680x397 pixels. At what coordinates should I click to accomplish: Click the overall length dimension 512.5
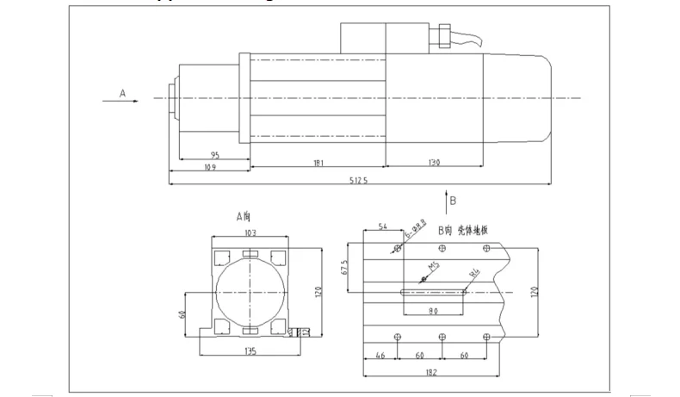click(x=360, y=180)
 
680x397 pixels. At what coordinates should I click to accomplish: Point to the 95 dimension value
click(x=213, y=155)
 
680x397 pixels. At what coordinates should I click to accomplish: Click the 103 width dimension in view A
click(x=251, y=233)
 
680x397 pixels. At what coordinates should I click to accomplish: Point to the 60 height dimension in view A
click(x=182, y=314)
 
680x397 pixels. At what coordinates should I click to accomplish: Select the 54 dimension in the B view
click(x=383, y=226)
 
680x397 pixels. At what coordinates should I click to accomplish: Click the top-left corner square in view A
click(x=219, y=256)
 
